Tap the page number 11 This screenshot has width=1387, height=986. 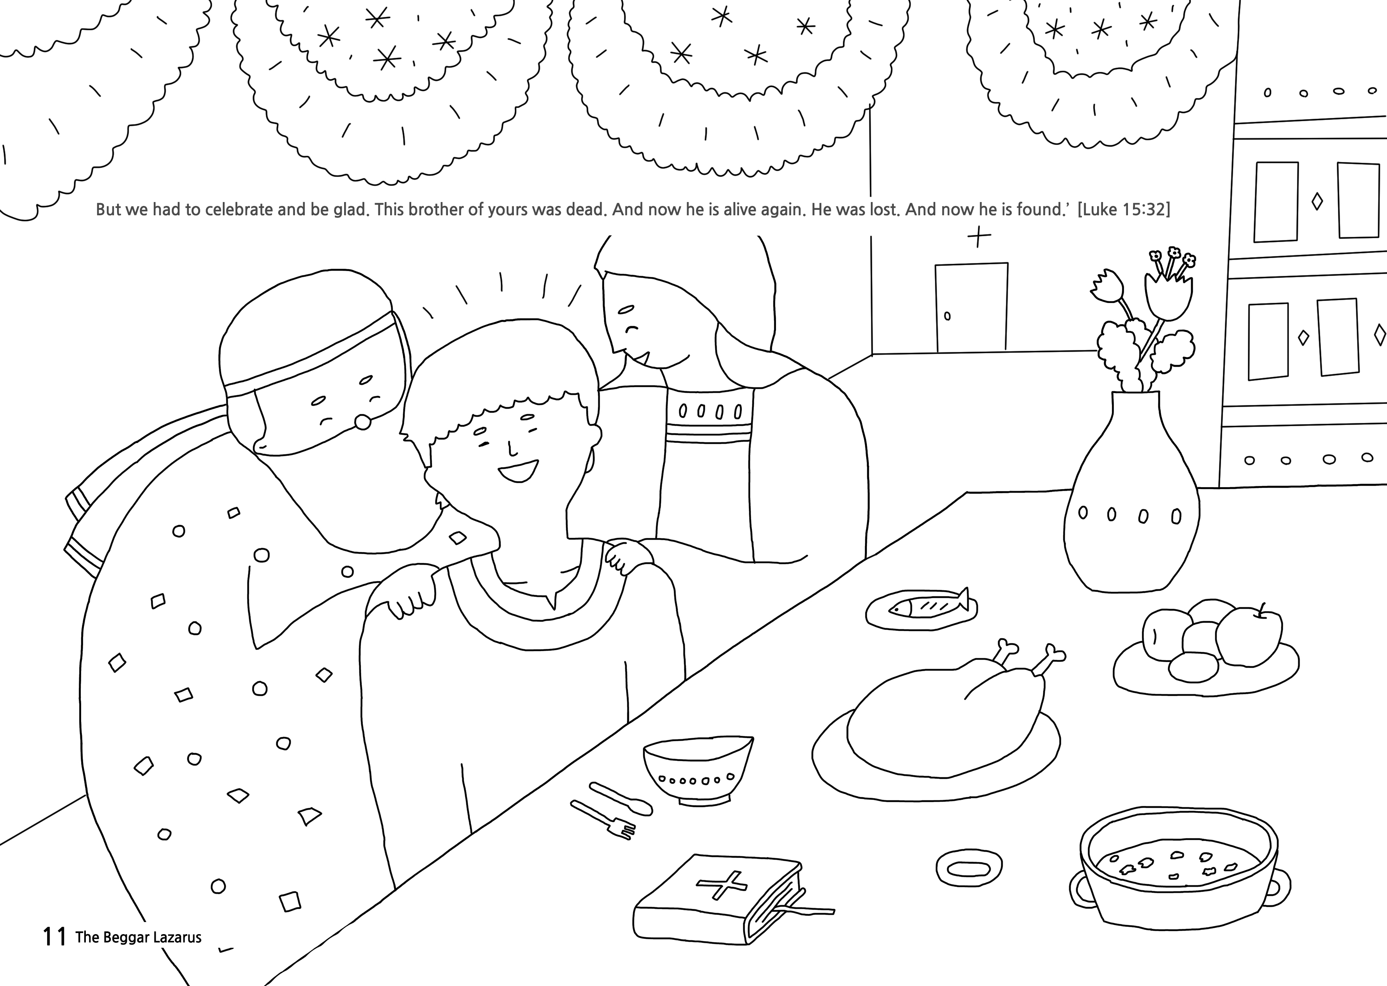click(x=54, y=937)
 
